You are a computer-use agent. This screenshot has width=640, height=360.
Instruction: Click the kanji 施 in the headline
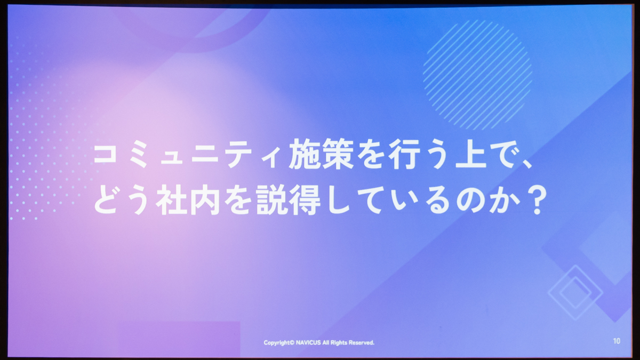[305, 154]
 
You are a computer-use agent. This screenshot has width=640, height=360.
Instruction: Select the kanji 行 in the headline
[404, 154]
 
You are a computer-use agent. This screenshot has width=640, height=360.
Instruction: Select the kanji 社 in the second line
[171, 200]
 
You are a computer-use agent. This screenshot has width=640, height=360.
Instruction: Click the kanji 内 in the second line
[205, 200]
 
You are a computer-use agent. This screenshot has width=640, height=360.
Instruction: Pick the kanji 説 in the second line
[271, 200]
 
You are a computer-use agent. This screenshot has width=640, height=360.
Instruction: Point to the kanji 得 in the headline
[305, 200]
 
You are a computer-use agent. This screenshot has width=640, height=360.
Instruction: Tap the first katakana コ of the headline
[105, 154]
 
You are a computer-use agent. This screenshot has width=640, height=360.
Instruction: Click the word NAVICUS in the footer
[308, 342]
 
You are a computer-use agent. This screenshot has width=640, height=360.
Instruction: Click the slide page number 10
[617, 341]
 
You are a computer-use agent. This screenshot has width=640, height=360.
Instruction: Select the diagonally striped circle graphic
[477, 74]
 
